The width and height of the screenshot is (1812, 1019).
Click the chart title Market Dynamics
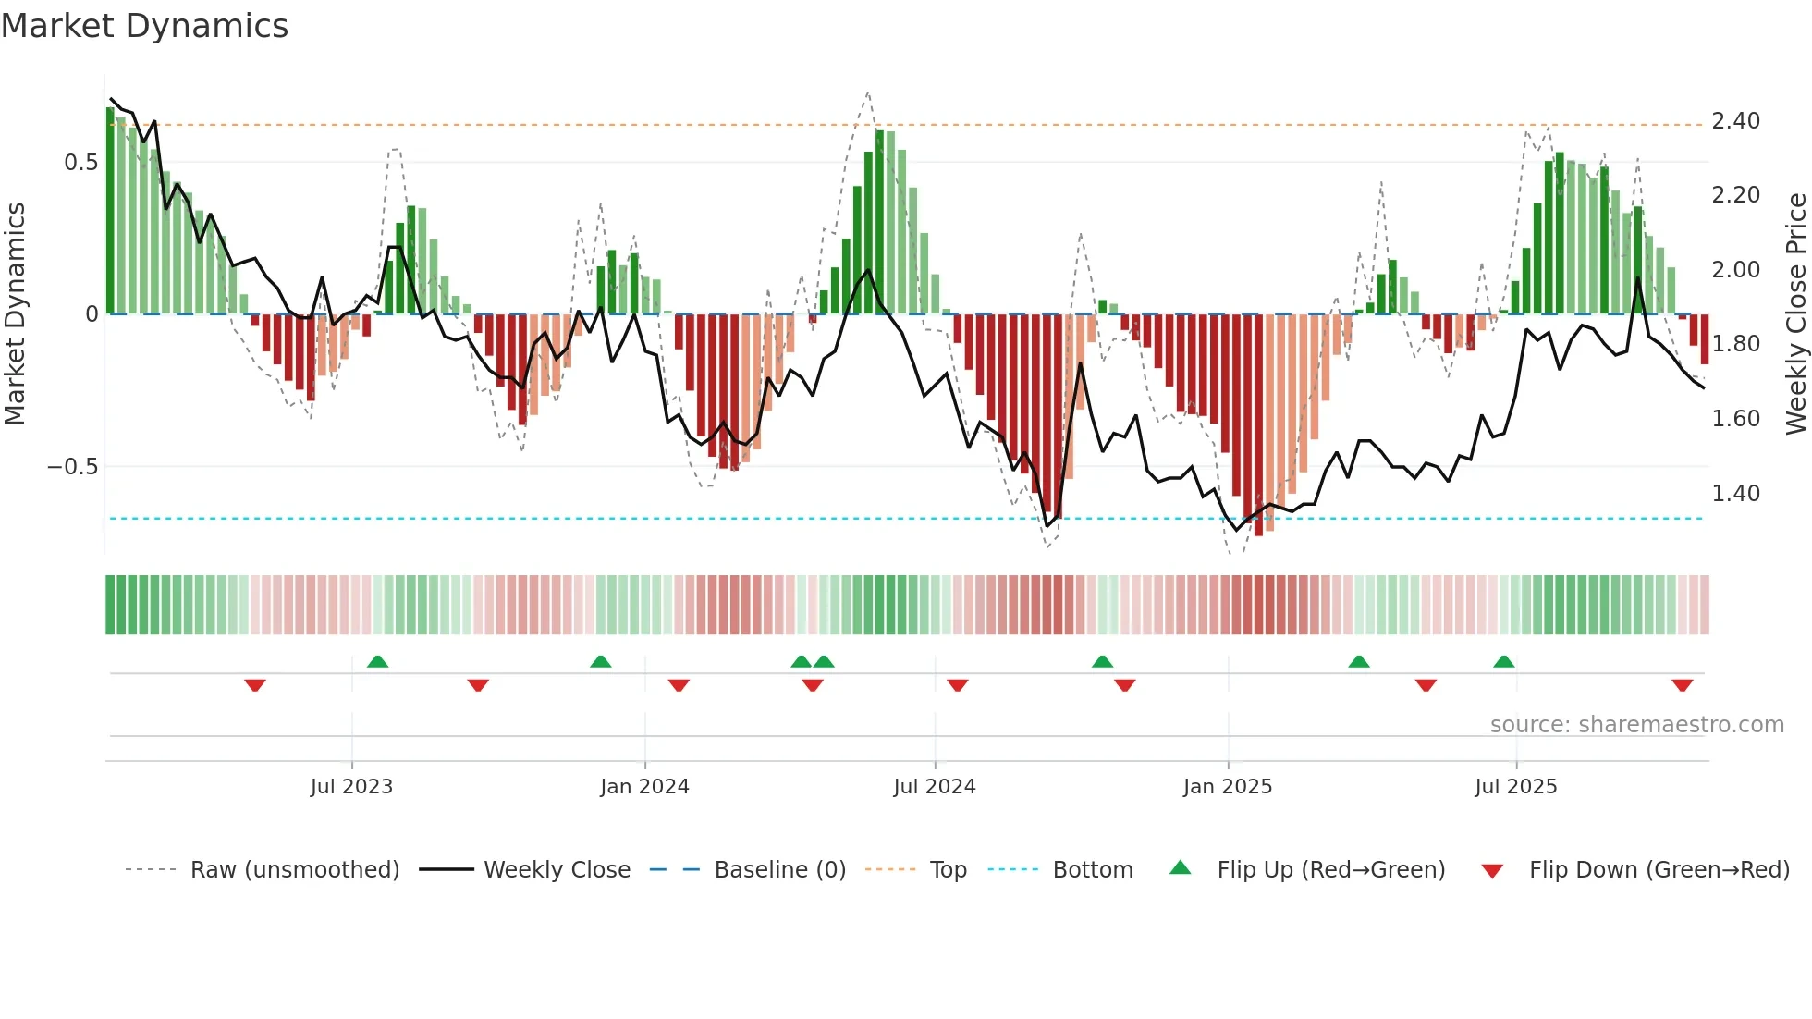click(x=145, y=26)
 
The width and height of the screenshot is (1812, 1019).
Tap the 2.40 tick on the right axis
click(x=1735, y=121)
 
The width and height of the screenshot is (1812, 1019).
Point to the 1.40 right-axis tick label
click(x=1735, y=494)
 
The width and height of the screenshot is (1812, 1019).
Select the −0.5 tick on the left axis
click(x=73, y=467)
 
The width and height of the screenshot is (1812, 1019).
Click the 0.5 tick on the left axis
click(x=80, y=163)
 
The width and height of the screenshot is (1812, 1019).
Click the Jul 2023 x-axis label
click(x=351, y=787)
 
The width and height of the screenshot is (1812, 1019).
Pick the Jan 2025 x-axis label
click(x=1227, y=787)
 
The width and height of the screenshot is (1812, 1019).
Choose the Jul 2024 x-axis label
click(x=934, y=787)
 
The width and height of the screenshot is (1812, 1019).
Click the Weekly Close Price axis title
click(x=1795, y=314)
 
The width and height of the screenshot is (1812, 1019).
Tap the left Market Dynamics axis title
click(x=15, y=314)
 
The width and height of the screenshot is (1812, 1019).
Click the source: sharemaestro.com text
click(x=1636, y=725)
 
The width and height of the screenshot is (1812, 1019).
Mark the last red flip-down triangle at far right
click(x=1682, y=685)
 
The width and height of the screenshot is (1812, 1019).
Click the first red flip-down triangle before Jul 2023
click(x=255, y=685)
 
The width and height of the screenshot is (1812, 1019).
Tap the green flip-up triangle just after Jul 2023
click(x=377, y=661)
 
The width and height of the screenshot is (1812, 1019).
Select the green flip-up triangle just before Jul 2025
click(x=1503, y=661)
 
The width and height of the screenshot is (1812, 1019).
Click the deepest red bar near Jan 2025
click(x=1258, y=425)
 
